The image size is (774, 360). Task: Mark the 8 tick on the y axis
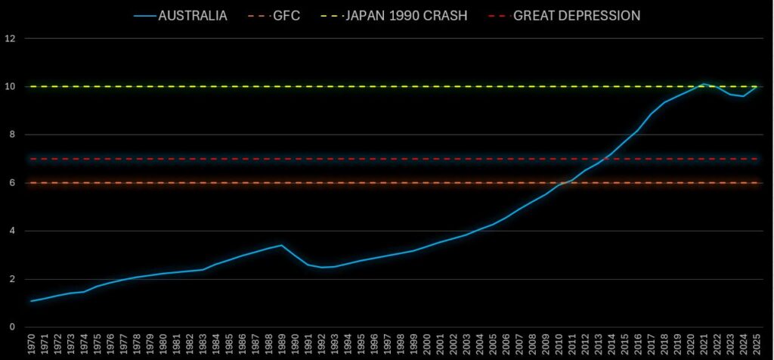[11, 135]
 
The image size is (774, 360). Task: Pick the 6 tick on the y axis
[11, 183]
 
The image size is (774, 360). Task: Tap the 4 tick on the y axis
[11, 231]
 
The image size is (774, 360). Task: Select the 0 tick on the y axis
[11, 327]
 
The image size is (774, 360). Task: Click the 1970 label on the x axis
[31, 345]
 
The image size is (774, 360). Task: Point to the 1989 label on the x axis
[281, 345]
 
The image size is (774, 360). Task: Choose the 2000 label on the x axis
[426, 345]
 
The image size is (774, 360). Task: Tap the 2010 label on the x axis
[558, 345]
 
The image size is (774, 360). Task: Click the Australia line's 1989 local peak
[281, 245]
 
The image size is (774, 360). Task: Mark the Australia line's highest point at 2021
[703, 84]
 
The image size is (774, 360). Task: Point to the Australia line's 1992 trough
[320, 267]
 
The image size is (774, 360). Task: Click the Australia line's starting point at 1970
[31, 301]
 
